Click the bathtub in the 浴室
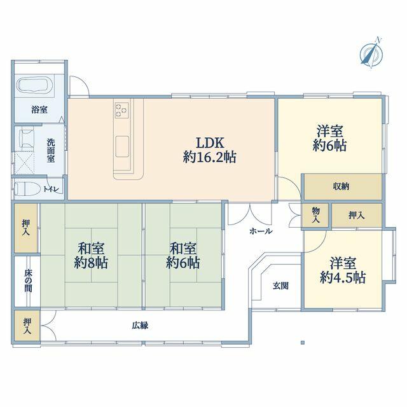coord(35,85)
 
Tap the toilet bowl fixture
coord(27,188)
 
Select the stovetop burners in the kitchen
coord(122,110)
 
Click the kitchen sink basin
coord(122,147)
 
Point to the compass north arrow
coord(371,53)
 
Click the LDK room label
coord(210,142)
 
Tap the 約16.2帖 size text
coord(210,157)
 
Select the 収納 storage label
coord(341,186)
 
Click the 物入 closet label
coord(316,215)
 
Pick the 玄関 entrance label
coord(280,286)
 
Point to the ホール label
coord(261,231)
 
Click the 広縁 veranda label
coord(140,326)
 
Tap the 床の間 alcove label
coord(28,280)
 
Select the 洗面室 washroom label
coord(51,151)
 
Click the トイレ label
coord(52,190)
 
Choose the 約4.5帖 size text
coord(343,278)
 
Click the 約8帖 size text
coord(91,263)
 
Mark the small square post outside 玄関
coord(303,343)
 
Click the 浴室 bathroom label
coord(39,110)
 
